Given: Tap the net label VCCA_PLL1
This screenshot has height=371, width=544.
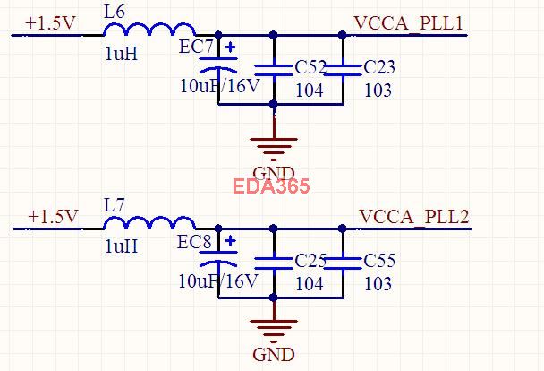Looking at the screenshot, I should coord(409,23).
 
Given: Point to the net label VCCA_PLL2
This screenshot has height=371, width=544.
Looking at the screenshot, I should coord(413,217).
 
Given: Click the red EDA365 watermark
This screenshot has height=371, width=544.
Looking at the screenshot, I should coord(271,186).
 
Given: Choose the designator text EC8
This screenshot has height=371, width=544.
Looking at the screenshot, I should coord(194,242).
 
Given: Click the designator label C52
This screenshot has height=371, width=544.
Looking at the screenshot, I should coord(310,68).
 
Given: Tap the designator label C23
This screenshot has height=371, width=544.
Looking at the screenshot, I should coord(379,67).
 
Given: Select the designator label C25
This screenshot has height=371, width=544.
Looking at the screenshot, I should coord(310,262).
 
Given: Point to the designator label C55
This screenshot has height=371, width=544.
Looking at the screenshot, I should coord(379,262).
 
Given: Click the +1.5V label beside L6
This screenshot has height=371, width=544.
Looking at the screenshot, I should coord(51,23).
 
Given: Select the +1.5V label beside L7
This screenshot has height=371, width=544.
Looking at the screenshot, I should coord(54,217).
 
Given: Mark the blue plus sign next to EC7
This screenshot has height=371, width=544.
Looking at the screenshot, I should coord(231,47).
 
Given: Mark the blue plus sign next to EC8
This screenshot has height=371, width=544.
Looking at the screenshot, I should coord(230,241).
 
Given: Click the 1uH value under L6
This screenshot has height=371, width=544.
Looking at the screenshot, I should coord(122,54).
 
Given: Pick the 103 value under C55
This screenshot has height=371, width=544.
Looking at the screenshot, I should coord(378,284).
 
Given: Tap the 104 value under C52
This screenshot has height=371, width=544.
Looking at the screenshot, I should coord(310,91).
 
